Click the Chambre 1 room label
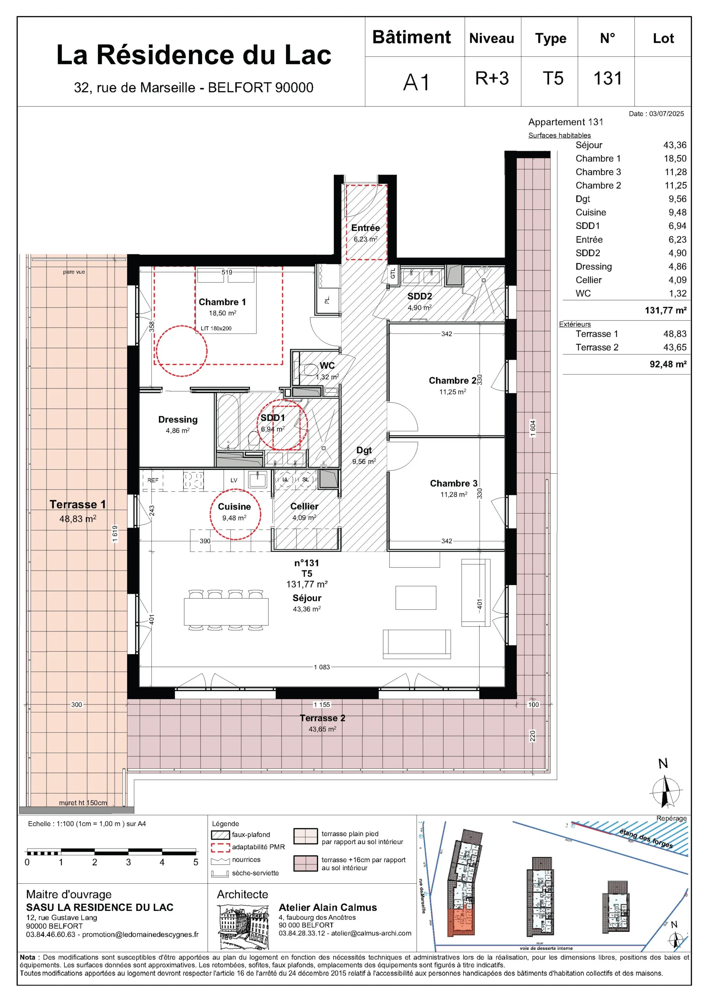coord(222,302)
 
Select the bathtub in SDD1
coord(228,422)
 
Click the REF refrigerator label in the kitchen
coord(153,480)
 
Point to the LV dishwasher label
coord(234,480)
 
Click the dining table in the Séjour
coord(226,612)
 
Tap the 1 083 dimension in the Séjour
coord(322,667)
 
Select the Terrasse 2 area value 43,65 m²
coord(322,729)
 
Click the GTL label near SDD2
coord(393,274)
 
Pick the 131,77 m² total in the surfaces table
coord(665,310)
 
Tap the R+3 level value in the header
coord(492,79)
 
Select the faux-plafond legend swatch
coord(220,835)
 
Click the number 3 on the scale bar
coord(128,862)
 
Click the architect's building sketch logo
coord(243,927)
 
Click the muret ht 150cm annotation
coord(83,802)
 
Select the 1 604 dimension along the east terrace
coord(533,428)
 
